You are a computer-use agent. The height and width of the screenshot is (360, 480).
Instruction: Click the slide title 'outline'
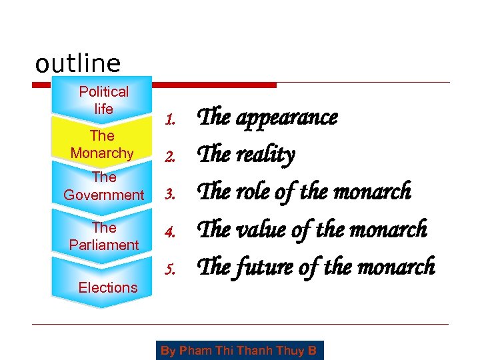pyautogui.click(x=78, y=64)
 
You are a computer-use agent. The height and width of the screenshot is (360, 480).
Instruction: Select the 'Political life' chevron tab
pyautogui.click(x=103, y=100)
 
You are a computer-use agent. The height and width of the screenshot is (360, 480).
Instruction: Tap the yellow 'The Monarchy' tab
pyautogui.click(x=102, y=144)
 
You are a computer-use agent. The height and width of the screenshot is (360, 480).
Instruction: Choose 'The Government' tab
pyautogui.click(x=104, y=186)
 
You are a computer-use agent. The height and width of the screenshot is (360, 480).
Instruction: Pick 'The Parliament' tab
pyautogui.click(x=104, y=236)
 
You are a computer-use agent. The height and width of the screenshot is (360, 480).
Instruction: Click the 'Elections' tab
pyautogui.click(x=107, y=287)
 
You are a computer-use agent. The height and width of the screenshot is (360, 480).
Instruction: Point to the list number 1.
pyautogui.click(x=170, y=120)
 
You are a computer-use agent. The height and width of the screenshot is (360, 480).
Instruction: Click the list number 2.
pyautogui.click(x=170, y=158)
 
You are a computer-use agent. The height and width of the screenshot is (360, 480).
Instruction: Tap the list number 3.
pyautogui.click(x=170, y=195)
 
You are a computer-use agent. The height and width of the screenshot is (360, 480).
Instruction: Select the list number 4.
pyautogui.click(x=170, y=232)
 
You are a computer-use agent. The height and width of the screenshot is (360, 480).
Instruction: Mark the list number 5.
pyautogui.click(x=170, y=269)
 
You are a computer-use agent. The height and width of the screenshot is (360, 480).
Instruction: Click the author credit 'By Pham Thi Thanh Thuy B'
pyautogui.click(x=239, y=350)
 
